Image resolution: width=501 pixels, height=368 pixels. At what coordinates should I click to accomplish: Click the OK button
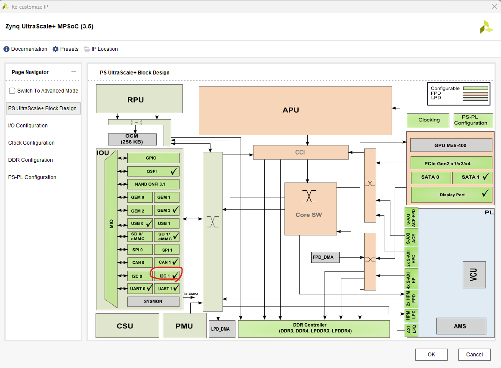[431, 355]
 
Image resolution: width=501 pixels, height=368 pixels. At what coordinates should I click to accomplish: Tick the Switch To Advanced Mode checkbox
[12, 91]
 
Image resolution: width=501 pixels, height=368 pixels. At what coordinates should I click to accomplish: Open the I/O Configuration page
[28, 126]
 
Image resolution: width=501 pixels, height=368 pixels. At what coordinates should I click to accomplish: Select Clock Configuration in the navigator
[31, 143]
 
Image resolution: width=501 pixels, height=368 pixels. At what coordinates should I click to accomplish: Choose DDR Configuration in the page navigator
[31, 160]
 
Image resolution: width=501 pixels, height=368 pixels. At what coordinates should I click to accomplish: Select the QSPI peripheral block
[153, 171]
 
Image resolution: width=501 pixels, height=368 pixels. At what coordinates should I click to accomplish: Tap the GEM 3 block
[167, 210]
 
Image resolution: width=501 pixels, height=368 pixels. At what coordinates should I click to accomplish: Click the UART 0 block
[140, 288]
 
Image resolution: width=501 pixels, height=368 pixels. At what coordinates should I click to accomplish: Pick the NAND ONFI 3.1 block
[153, 184]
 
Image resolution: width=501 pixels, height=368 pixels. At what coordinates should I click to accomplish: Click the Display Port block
[452, 195]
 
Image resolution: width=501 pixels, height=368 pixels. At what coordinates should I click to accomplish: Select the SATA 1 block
[472, 177]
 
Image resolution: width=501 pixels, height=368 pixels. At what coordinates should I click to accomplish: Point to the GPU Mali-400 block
[451, 145]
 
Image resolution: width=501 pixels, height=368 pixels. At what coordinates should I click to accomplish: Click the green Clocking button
[429, 120]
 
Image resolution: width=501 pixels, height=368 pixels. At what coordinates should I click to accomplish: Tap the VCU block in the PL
[474, 275]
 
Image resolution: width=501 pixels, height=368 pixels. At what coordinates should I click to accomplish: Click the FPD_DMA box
[325, 258]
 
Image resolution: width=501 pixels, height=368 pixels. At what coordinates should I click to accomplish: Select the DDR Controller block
[313, 328]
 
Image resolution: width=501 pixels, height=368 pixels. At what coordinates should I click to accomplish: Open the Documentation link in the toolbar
[25, 49]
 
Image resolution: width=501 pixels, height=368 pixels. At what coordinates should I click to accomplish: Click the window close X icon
[494, 6]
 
